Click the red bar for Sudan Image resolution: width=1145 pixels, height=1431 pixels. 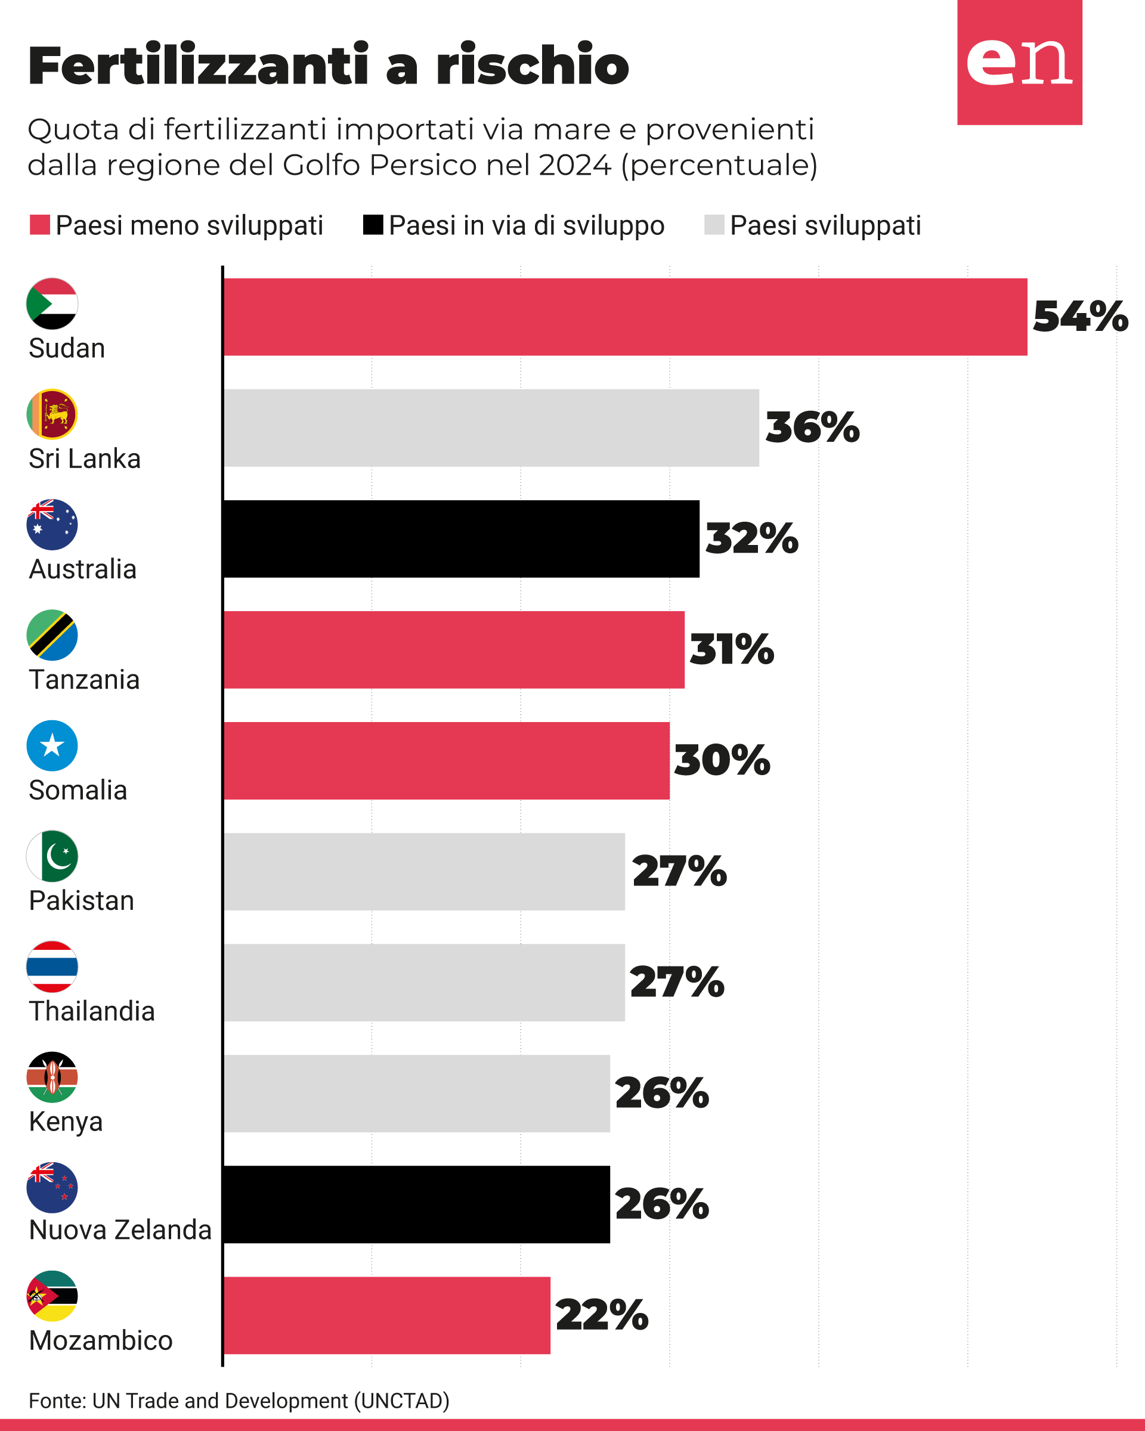pyautogui.click(x=624, y=317)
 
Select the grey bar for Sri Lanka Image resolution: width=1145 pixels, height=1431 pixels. pyautogui.click(x=491, y=428)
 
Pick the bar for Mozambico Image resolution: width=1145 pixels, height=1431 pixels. pyautogui.click(x=386, y=1315)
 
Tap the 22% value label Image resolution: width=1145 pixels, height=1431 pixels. pyautogui.click(x=601, y=1314)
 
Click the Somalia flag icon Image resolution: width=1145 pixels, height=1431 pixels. pyautogui.click(x=52, y=745)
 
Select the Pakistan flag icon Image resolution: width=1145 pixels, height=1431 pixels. pyautogui.click(x=52, y=856)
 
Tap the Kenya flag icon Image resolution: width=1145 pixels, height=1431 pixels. pyautogui.click(x=52, y=1077)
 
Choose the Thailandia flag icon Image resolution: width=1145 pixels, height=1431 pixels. pyautogui.click(x=52, y=967)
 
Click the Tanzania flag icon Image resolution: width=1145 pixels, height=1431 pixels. pyautogui.click(x=52, y=635)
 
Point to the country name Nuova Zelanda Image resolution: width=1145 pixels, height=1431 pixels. pyautogui.click(x=120, y=1230)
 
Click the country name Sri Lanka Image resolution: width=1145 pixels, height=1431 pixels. pyautogui.click(x=84, y=459)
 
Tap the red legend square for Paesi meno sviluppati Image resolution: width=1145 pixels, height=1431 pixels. pyautogui.click(x=40, y=225)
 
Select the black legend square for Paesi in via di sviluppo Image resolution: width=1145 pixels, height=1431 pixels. pyautogui.click(x=373, y=225)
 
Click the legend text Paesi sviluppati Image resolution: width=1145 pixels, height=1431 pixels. pyautogui.click(x=825, y=225)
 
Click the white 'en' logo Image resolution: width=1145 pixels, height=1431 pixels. pyautogui.click(x=1019, y=62)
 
